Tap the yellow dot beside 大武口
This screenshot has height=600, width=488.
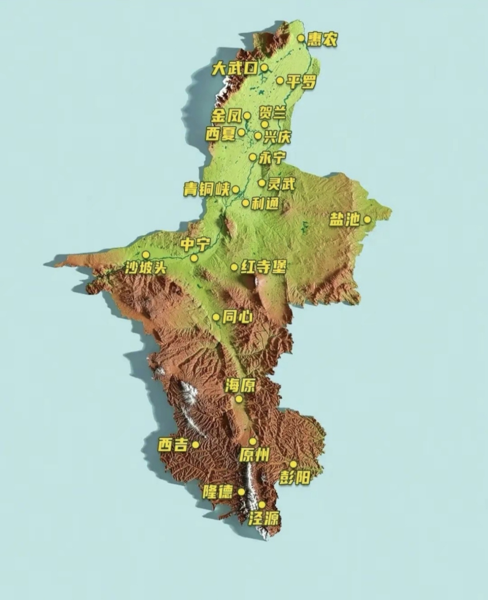(264, 68)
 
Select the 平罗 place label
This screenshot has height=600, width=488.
(301, 82)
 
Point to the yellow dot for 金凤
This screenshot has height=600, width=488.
(247, 116)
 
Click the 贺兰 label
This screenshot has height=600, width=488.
(272, 113)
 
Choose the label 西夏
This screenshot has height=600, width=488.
(221, 134)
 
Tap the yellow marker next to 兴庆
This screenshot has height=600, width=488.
(258, 135)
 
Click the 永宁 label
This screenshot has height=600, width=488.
(272, 157)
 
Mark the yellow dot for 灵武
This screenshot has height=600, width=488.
(262, 182)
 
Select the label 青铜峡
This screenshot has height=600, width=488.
(206, 189)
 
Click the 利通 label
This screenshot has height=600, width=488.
(265, 203)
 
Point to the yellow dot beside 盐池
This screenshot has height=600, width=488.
(367, 219)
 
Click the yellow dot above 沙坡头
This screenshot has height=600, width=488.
(146, 255)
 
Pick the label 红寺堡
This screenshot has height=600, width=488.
(263, 267)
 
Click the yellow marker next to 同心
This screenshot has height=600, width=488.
(216, 317)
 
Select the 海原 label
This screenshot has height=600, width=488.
(240, 386)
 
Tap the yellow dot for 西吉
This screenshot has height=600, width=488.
(196, 444)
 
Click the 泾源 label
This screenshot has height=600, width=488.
(264, 518)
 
